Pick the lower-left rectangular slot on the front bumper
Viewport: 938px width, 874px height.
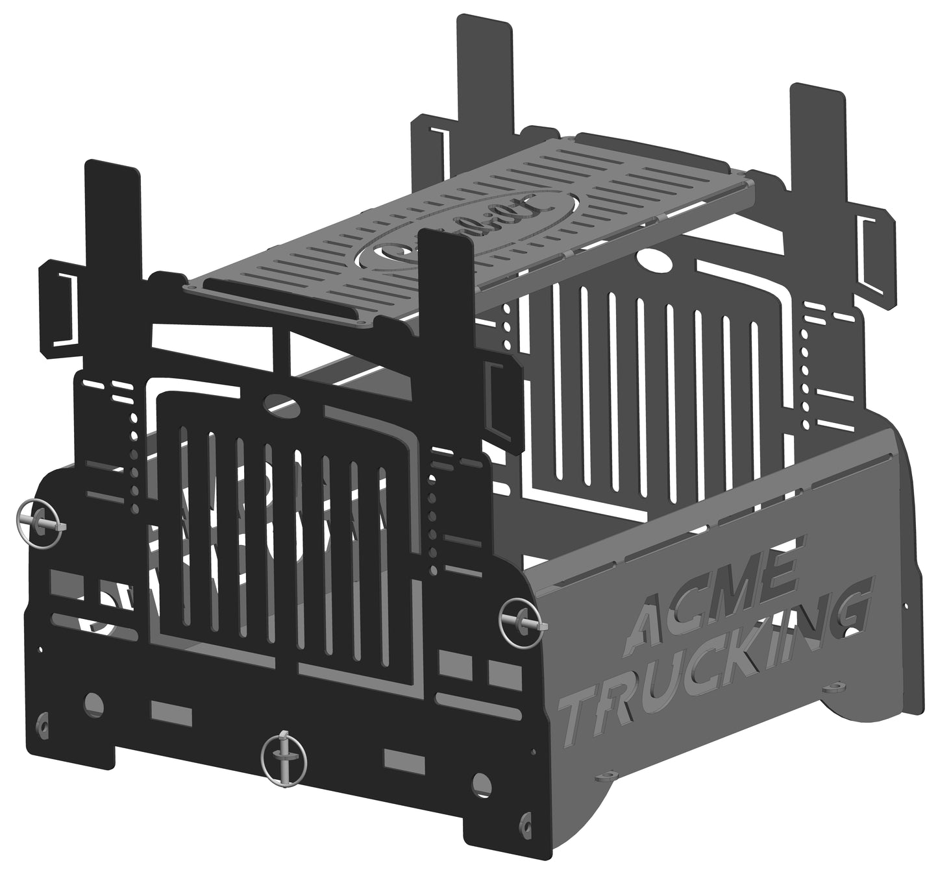click(171, 712)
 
